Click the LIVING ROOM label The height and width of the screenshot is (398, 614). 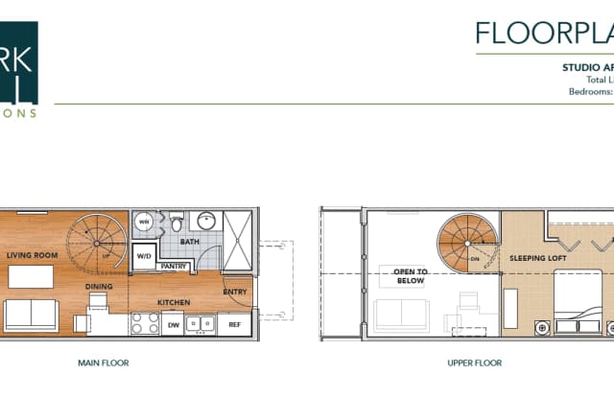click(33, 256)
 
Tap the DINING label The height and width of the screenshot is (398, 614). click(99, 286)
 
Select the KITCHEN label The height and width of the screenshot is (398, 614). click(174, 303)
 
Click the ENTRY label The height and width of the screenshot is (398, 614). click(234, 292)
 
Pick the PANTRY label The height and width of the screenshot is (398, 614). click(174, 266)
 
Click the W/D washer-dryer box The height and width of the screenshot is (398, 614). click(143, 256)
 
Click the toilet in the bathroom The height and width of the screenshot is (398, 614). click(176, 222)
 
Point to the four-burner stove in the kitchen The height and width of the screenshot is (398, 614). click(144, 324)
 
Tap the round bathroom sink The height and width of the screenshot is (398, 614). click(205, 222)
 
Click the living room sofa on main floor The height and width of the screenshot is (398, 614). click(31, 314)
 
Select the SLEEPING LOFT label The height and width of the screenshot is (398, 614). click(536, 259)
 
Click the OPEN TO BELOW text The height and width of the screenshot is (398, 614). click(410, 277)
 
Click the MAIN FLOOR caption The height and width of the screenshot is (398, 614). click(104, 363)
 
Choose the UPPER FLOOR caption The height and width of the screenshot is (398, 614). click(474, 363)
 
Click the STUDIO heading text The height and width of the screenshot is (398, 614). click(585, 68)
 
